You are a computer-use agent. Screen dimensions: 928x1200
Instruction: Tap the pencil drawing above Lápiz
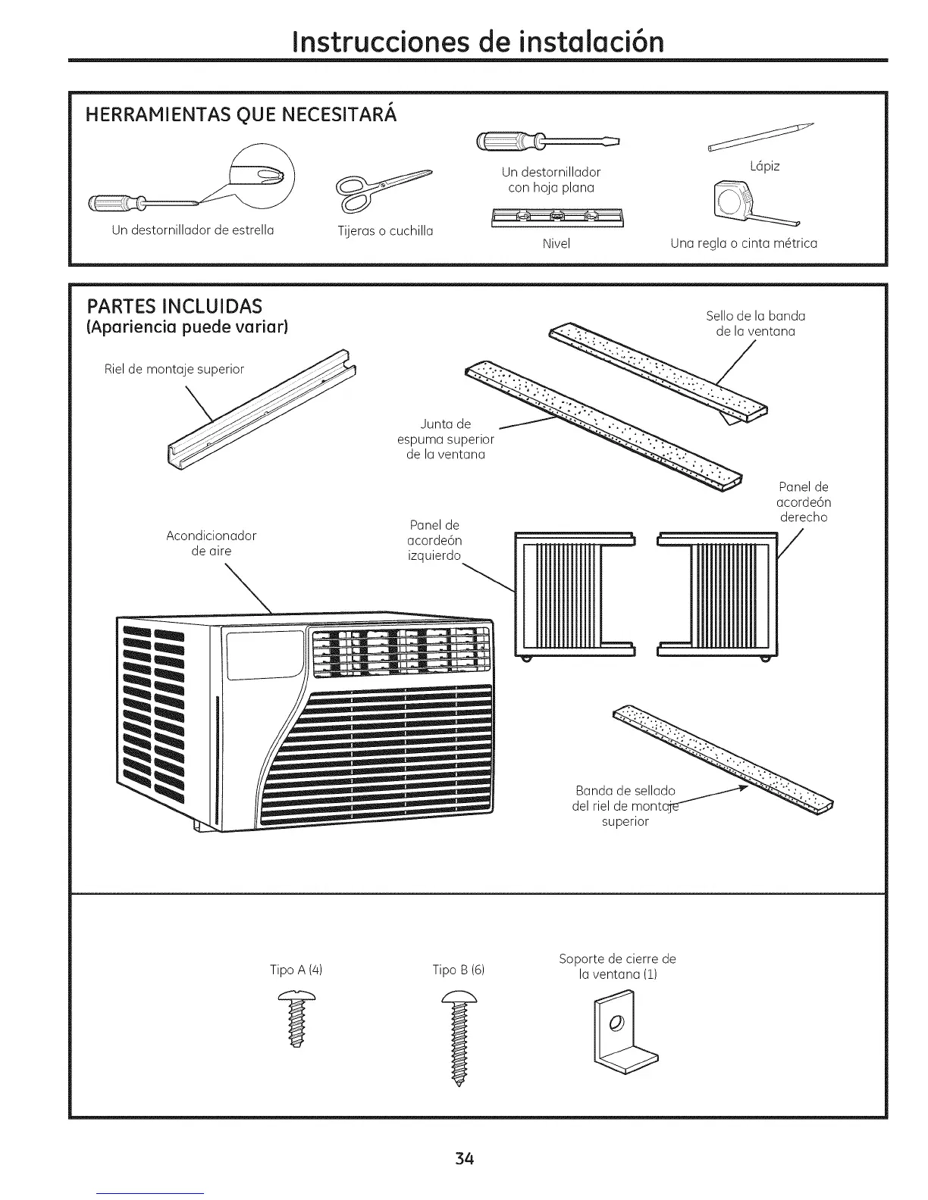point(760,137)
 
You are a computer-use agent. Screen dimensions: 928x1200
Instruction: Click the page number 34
point(465,1158)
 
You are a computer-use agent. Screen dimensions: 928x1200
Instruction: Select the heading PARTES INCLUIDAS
point(175,306)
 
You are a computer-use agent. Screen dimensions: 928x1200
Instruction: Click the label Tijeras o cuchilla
point(385,231)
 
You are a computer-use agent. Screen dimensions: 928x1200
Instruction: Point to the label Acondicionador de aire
point(212,543)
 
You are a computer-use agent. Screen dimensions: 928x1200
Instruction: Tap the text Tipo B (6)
point(458,970)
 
